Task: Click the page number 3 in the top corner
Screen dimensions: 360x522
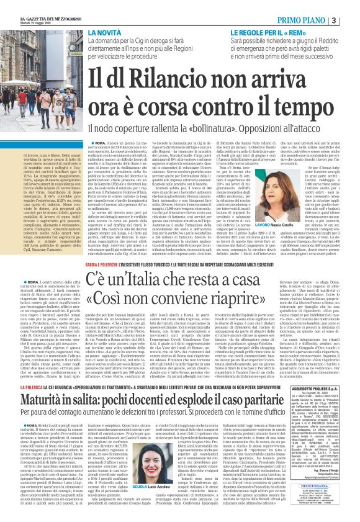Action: click(351, 21)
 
